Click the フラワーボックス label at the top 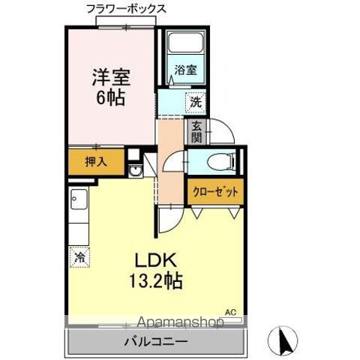(127, 8)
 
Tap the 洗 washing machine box (193, 101)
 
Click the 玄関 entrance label (196, 132)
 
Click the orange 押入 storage (94, 161)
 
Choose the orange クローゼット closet (214, 192)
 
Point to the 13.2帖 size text (155, 282)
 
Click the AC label (229, 310)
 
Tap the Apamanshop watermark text (172, 323)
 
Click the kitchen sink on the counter (79, 201)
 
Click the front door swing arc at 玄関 (223, 135)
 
